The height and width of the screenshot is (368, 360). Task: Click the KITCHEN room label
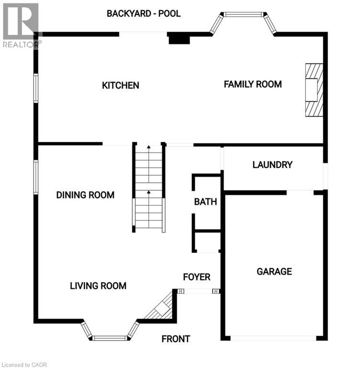coord(121,85)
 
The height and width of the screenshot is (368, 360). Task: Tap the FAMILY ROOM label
coord(253,84)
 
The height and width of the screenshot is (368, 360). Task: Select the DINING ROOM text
coord(85,195)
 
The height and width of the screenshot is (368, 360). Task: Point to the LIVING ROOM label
coord(98,286)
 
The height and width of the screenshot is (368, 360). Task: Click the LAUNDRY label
coord(272,165)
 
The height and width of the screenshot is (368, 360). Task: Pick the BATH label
coord(205,202)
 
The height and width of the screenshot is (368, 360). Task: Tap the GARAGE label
coord(274,272)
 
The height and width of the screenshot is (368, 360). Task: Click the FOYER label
coord(197,277)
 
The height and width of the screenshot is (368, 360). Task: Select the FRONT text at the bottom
coord(176,339)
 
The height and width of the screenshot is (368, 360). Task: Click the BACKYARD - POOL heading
coord(144,13)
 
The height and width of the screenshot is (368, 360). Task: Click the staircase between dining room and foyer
coord(149,188)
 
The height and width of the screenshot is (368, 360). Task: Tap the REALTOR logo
coord(20,24)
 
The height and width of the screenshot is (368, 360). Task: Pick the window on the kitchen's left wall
coord(36,88)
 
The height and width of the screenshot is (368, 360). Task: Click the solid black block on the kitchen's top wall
coord(179,39)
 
